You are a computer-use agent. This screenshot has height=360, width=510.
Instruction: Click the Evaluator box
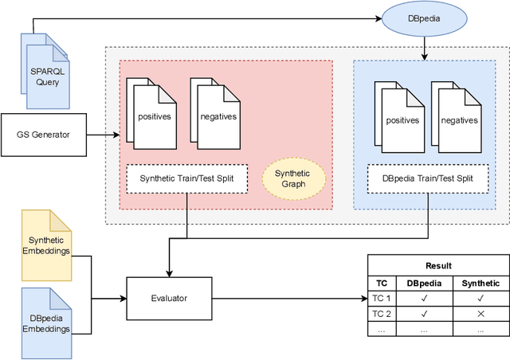coord(169,298)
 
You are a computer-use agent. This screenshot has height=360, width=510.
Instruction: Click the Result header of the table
coord(437,265)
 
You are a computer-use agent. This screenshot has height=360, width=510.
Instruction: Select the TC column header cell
coord(381,283)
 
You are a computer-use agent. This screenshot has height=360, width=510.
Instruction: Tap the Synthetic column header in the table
coord(480,283)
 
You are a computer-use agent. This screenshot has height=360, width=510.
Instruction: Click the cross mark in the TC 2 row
coord(480,314)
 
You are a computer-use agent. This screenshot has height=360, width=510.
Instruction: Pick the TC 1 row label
coord(381,299)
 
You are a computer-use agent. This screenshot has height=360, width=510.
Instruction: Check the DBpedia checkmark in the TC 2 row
coord(423,314)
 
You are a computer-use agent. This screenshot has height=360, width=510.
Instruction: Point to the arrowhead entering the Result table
coord(362,298)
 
